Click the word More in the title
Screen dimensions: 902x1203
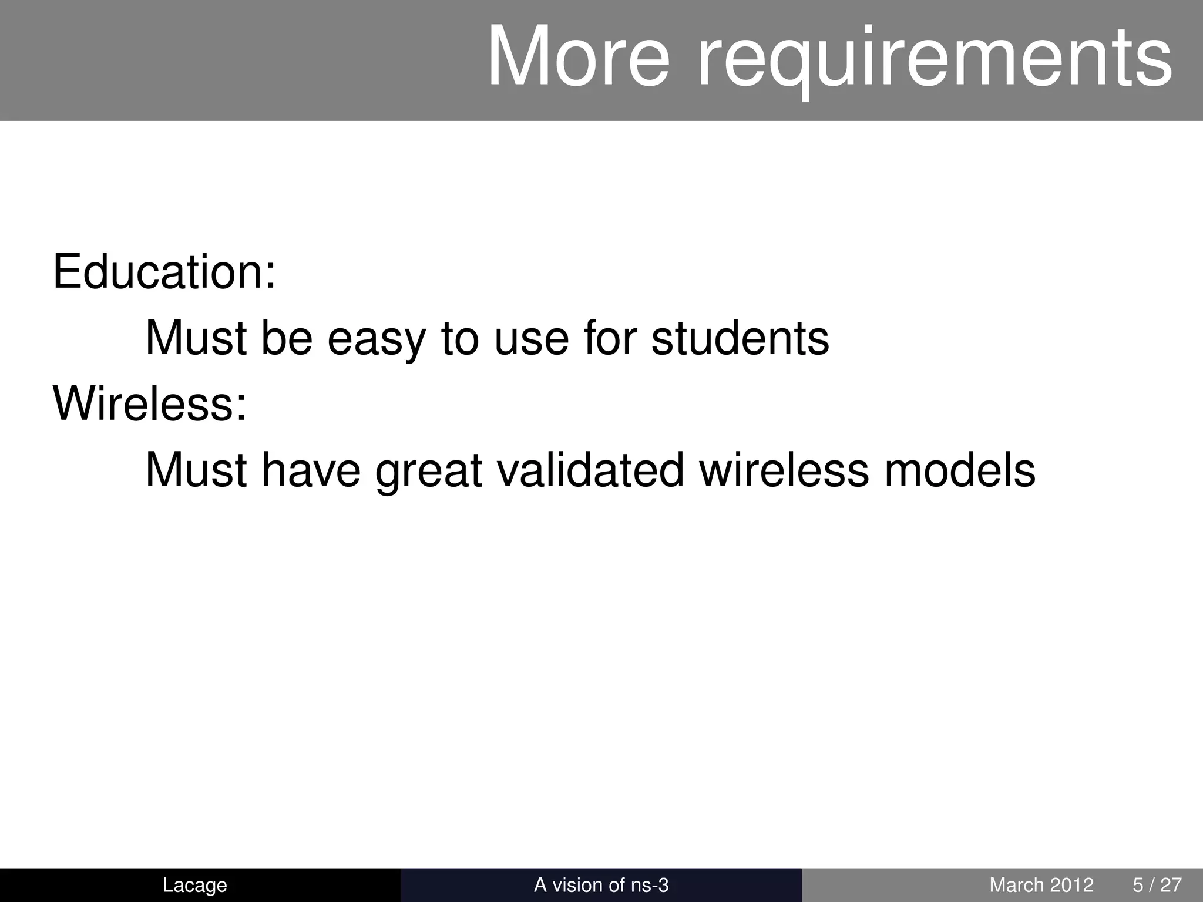click(x=578, y=57)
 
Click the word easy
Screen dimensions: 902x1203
click(x=376, y=339)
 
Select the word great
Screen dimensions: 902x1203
click(x=428, y=471)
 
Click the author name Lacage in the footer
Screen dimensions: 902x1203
click(x=194, y=885)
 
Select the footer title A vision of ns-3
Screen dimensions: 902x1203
click(x=601, y=885)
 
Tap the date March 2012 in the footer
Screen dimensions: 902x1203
click(x=1041, y=885)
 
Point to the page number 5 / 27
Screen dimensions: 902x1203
click(x=1157, y=885)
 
